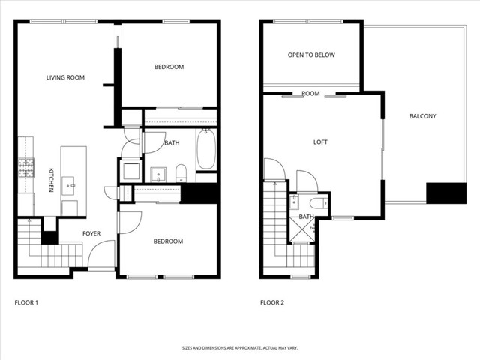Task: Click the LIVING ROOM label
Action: [65, 77]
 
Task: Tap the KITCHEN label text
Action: [51, 180]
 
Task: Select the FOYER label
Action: [91, 234]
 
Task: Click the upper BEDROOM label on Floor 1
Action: [169, 67]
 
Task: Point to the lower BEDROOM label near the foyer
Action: [168, 241]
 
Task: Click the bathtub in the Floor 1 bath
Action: [206, 150]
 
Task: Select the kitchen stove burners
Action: [26, 167]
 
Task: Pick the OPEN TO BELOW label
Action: [311, 55]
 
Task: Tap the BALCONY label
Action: [422, 116]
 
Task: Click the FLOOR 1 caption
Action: [27, 303]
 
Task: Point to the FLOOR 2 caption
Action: [272, 303]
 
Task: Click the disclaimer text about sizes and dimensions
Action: [240, 347]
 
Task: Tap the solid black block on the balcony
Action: [440, 193]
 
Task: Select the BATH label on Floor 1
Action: [172, 143]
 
